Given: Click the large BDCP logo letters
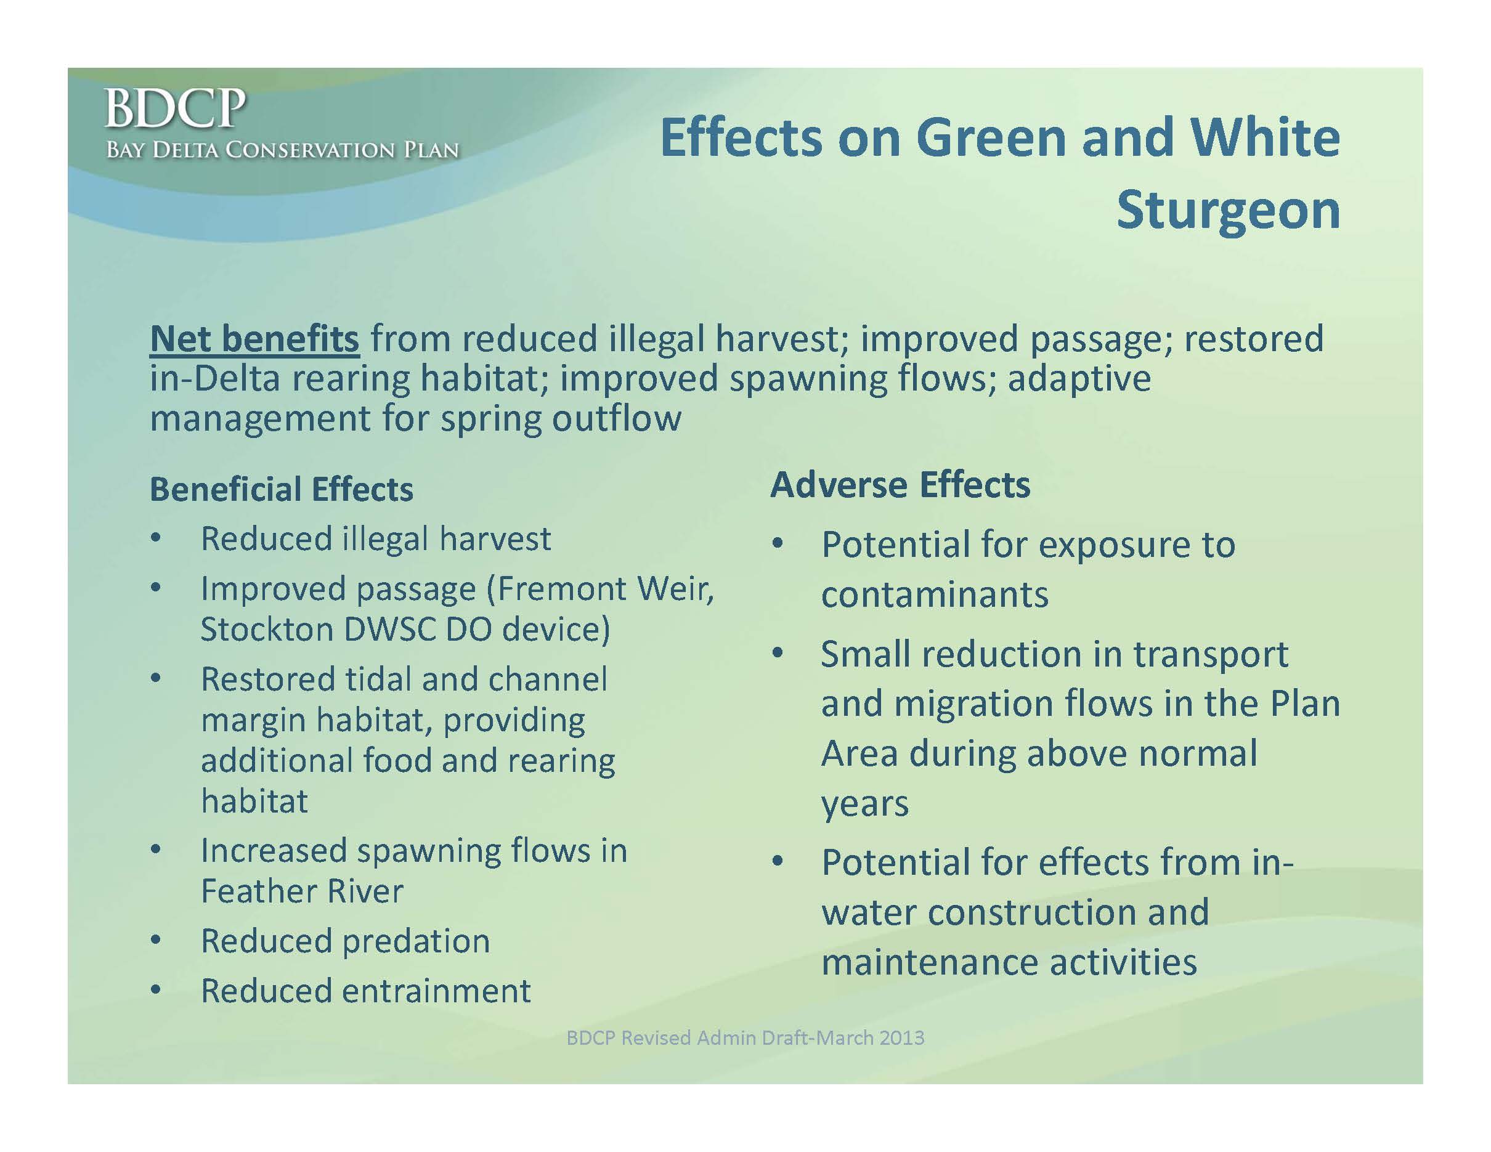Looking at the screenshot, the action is [x=175, y=108].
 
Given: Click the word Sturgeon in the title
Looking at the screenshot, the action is [x=1228, y=211].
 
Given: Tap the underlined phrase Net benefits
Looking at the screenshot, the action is [x=254, y=338].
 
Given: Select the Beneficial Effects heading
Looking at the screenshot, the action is [x=282, y=489].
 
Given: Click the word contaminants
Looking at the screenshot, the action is [x=935, y=594].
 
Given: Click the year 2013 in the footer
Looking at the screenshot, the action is [x=902, y=1038].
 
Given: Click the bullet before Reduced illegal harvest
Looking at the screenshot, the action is [x=156, y=538].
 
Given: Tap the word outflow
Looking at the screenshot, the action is [x=617, y=418].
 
